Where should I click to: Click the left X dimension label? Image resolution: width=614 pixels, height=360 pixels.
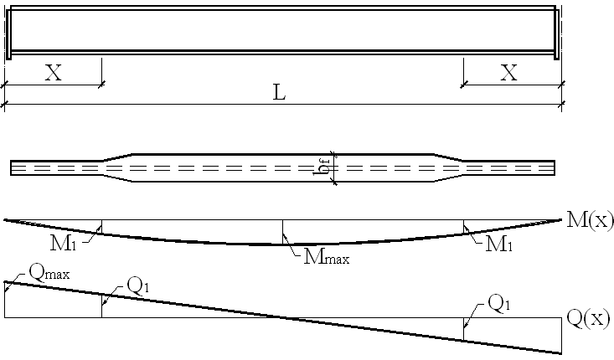point(53,73)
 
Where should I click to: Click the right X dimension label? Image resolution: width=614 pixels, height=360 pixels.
point(509,73)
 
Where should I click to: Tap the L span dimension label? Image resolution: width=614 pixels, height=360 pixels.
point(281,93)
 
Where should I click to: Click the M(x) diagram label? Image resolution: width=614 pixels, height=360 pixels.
point(589,222)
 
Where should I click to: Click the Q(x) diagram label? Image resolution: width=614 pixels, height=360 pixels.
point(588,318)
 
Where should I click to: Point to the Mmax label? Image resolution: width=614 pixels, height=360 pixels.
point(326,257)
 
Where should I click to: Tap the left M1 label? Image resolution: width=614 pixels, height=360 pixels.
point(66,244)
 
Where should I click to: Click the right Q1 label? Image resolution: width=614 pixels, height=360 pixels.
point(498,305)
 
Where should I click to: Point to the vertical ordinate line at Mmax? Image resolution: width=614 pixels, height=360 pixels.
point(282,231)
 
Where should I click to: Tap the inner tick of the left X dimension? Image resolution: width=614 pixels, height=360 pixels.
point(101,84)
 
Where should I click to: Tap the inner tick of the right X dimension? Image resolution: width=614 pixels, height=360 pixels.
point(462,84)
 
